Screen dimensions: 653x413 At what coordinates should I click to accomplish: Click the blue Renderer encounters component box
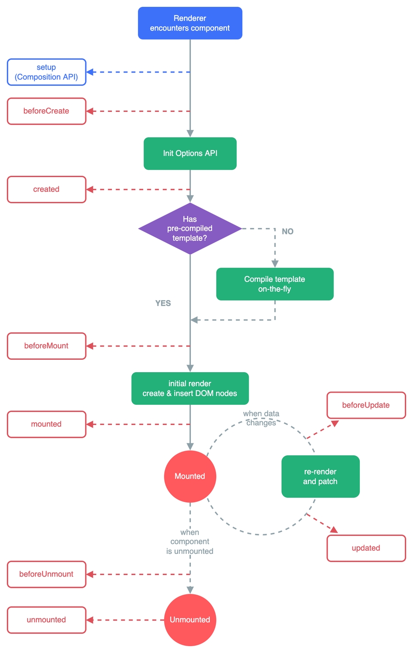[190, 23]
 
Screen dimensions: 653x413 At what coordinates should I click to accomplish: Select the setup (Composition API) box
[46, 72]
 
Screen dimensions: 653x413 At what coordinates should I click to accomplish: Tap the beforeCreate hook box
[46, 111]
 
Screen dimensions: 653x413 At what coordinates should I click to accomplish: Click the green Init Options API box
[190, 153]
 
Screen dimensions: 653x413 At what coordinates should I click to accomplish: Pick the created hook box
[46, 190]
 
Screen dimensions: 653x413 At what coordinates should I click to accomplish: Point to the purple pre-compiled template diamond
[190, 229]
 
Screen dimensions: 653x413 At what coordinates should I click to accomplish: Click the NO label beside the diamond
[288, 231]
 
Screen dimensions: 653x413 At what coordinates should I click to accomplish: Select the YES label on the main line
[163, 303]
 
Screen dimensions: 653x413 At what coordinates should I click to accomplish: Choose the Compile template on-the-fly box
[274, 284]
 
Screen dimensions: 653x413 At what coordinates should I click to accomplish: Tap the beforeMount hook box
[46, 346]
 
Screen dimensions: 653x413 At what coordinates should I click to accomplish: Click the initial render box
[190, 388]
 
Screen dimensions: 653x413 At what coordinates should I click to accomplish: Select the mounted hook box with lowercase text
[46, 424]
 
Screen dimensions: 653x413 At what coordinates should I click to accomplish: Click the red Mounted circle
[190, 476]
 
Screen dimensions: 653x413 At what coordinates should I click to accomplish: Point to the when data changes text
[261, 418]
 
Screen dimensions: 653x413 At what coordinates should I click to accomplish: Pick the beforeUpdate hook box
[366, 405]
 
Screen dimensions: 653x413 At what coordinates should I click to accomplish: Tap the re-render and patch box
[320, 476]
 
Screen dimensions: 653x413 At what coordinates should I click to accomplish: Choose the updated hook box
[366, 548]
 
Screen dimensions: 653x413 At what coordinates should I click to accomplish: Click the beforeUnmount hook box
[46, 574]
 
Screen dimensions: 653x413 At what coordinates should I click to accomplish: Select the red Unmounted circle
[190, 620]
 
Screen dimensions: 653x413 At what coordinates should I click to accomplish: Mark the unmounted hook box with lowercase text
[46, 620]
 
